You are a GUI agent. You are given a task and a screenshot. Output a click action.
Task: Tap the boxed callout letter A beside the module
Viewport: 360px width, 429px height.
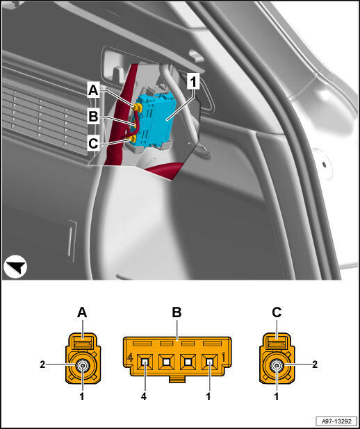tap(93, 90)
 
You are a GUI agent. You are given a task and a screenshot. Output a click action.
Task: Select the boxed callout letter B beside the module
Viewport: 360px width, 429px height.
tap(93, 117)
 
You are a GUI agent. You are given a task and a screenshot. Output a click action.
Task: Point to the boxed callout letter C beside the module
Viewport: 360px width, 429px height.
tap(93, 143)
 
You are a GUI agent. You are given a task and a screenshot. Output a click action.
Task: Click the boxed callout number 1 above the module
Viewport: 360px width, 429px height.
tap(193, 81)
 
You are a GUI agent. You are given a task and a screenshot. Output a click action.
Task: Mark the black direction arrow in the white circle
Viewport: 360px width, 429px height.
tap(17, 267)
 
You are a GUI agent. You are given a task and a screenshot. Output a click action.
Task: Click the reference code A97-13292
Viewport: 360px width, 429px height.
tap(336, 420)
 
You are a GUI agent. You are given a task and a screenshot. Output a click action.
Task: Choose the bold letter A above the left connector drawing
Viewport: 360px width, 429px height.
tap(82, 312)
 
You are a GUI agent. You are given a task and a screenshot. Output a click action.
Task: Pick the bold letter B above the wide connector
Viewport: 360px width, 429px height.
tap(177, 312)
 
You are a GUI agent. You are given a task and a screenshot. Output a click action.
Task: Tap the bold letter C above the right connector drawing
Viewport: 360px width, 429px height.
tap(277, 312)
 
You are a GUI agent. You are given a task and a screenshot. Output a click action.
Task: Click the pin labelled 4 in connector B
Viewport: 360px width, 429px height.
tap(145, 362)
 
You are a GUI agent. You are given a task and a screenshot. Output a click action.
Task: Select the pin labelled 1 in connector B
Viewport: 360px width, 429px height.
tap(210, 362)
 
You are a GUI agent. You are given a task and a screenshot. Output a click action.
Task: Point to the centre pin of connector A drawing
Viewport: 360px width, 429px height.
tap(83, 365)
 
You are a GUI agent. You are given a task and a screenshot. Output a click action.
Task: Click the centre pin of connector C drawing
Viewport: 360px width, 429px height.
tap(277, 365)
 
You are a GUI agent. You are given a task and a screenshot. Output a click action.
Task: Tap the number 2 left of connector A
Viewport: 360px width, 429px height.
tap(42, 364)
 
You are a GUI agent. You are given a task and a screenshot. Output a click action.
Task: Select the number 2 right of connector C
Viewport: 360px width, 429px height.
tap(315, 364)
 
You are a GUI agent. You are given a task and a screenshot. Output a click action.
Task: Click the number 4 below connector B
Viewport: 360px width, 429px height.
tap(144, 396)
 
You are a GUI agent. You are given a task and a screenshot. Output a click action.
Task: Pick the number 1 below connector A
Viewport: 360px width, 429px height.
tap(82, 396)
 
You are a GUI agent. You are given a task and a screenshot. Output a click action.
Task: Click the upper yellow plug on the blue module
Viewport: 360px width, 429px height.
tap(136, 108)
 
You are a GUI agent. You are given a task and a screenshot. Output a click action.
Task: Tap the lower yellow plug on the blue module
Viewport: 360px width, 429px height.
tap(133, 140)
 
